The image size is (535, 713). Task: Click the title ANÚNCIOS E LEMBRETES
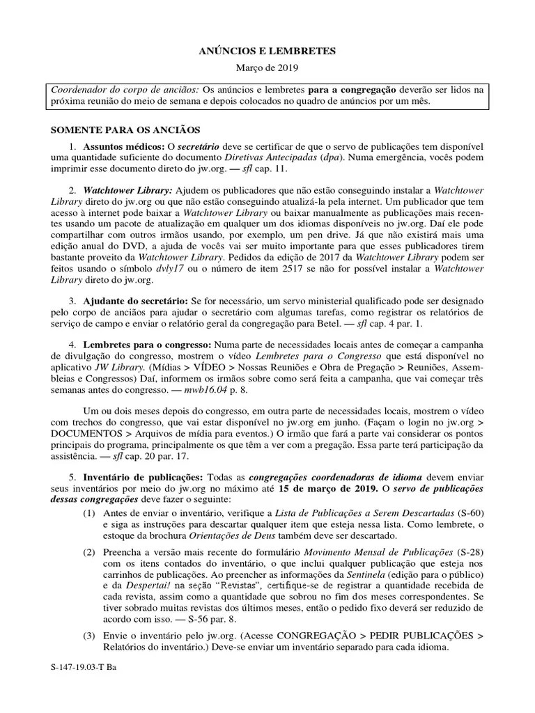tap(267, 51)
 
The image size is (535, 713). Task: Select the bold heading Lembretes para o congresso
tap(148, 345)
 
